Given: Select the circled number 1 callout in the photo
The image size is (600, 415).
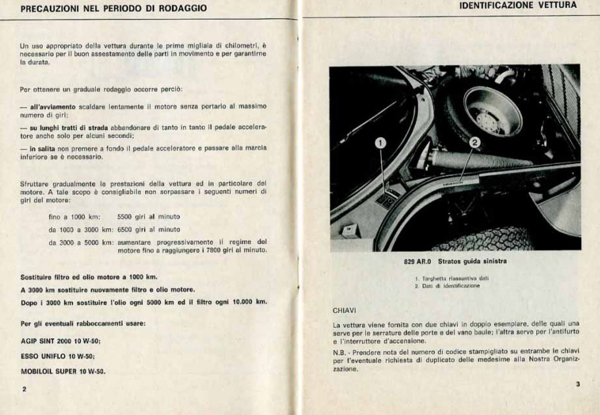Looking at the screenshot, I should [x=380, y=143].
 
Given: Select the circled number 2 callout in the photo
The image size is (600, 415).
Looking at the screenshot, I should [x=474, y=143].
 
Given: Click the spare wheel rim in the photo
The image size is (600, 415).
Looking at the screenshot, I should [x=493, y=111].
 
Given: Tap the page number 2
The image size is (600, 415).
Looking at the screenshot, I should [x=23, y=389].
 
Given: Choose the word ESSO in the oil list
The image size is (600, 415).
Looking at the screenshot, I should [x=29, y=356].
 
